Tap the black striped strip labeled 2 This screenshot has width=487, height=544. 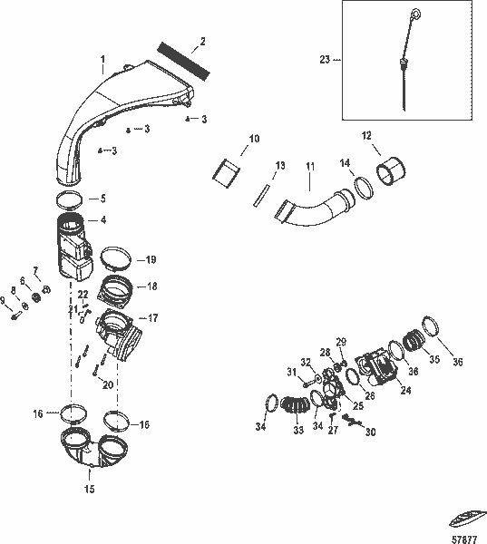184,59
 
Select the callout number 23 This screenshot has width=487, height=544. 324,60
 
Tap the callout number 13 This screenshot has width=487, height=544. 280,165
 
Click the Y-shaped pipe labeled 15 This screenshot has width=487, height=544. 89,451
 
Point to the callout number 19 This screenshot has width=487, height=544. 151,258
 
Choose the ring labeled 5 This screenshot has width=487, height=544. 71,197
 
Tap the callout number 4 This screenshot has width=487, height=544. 102,219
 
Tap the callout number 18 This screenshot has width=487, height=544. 151,286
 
